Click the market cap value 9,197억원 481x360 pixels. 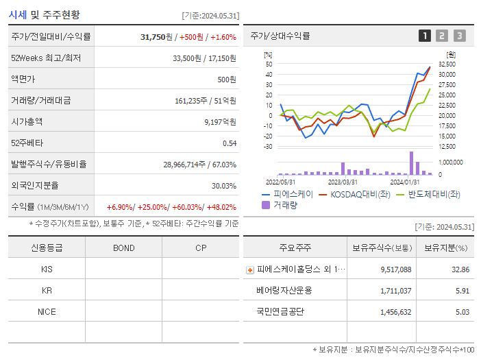click(x=220, y=122)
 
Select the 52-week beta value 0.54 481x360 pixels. click(x=229, y=143)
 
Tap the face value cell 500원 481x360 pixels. click(x=227, y=80)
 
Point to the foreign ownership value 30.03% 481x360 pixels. click(x=223, y=186)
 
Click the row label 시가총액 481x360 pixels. click(x=27, y=122)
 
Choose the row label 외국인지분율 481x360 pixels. click(x=35, y=186)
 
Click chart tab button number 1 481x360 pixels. click(x=425, y=36)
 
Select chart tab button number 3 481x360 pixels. click(x=459, y=36)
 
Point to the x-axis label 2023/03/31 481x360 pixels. click(x=343, y=182)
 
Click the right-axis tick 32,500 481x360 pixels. click(x=446, y=64)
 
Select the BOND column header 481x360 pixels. click(x=123, y=248)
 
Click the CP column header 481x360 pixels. click(x=201, y=248)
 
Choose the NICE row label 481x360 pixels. click(x=47, y=311)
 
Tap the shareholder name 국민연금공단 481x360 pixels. click(x=280, y=311)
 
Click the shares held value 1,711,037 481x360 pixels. click(x=395, y=291)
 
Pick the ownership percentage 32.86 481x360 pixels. click(x=460, y=269)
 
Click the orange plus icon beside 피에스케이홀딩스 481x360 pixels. click(x=250, y=270)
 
